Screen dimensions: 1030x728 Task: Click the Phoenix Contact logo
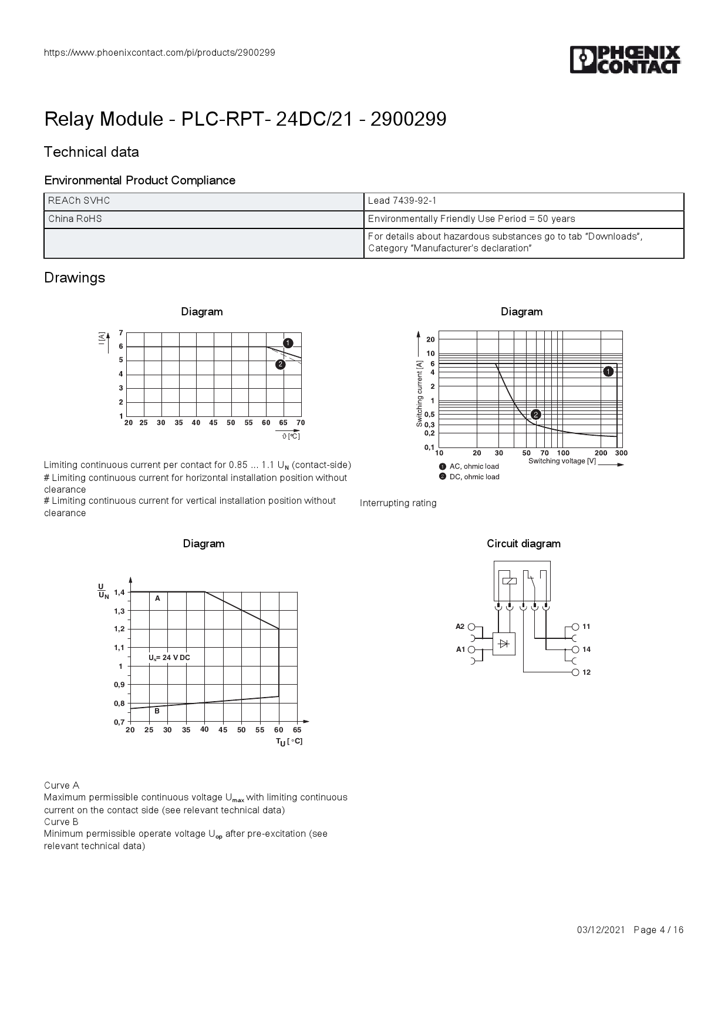625,60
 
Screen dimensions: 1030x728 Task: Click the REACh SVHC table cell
79,201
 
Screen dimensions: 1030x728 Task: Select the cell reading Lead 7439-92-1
402,201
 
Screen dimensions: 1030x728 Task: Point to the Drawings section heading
75,278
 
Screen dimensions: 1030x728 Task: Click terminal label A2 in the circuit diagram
460,627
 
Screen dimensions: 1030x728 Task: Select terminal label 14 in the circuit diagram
587,649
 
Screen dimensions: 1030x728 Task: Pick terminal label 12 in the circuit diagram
587,672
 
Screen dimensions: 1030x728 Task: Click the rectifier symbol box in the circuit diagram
503,644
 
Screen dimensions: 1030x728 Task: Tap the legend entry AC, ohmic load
474,466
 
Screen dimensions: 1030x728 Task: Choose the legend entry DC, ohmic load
474,477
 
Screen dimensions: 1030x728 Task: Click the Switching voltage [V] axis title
562,461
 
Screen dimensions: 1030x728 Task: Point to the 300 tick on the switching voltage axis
621,453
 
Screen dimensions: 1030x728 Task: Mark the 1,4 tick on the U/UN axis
119,592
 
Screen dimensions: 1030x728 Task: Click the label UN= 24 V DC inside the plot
169,658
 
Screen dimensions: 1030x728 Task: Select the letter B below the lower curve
157,711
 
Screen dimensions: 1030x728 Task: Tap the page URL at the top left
160,53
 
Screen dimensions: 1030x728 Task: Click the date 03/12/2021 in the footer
601,930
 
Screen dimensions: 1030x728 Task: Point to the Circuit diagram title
523,544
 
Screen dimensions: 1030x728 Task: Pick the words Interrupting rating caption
398,503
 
